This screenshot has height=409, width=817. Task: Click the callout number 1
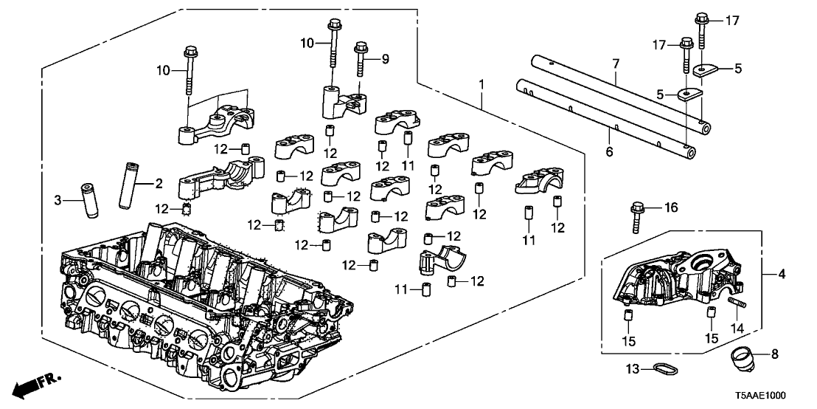(x=482, y=86)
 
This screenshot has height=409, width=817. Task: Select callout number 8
(x=773, y=355)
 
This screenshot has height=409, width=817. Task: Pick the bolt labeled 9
(x=361, y=58)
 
